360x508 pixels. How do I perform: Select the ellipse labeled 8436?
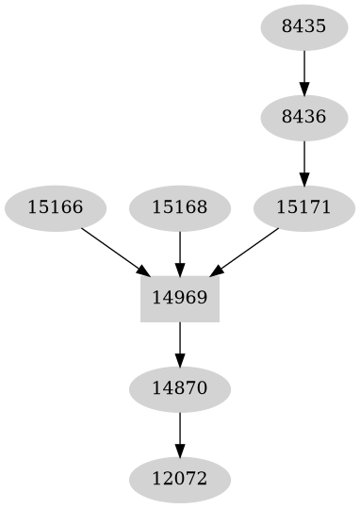(x=303, y=117)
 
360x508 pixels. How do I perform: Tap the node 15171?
(x=303, y=207)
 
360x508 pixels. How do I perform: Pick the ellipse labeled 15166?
(x=55, y=207)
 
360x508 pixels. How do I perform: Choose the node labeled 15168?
(x=179, y=207)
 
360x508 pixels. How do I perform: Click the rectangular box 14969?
(x=179, y=298)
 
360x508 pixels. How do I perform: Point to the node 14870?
(x=179, y=388)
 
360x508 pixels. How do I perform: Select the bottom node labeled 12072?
(x=179, y=479)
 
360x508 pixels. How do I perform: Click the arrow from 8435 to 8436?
(x=303, y=71)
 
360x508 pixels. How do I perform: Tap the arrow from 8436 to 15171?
(x=303, y=161)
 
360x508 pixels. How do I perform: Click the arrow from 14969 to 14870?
(x=179, y=342)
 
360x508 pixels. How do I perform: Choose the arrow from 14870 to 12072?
(x=179, y=433)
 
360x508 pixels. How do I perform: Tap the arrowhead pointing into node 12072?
(x=179, y=450)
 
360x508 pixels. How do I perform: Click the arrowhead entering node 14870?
(x=179, y=359)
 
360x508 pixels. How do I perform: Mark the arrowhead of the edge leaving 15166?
(x=143, y=270)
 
